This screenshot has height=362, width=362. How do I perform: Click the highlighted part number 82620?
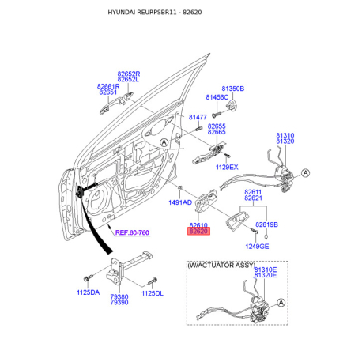(198, 232)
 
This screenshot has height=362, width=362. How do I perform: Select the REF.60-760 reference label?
(132, 232)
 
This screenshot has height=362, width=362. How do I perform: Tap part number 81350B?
(233, 89)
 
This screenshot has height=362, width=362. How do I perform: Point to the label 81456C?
(217, 97)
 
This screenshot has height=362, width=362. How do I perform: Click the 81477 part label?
(198, 117)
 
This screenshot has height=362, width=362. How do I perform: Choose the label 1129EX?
(227, 167)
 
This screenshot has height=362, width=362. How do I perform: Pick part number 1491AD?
(180, 202)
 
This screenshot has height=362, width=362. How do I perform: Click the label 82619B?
(266, 224)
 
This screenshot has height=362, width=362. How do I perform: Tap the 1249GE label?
(257, 247)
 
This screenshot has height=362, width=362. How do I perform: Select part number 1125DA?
(89, 292)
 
